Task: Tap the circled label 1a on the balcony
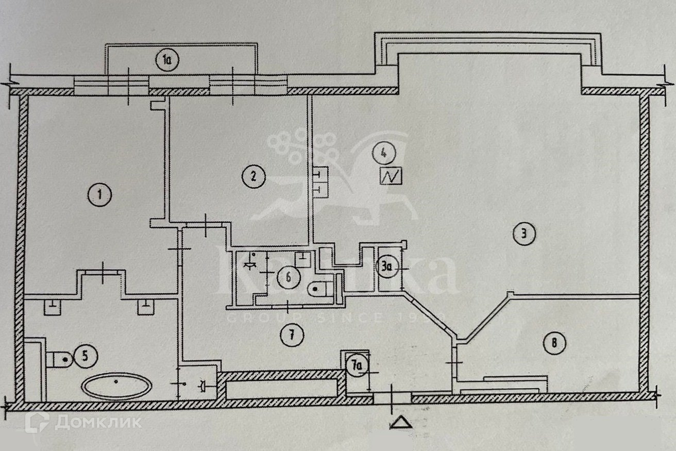167,60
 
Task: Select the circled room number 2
253,177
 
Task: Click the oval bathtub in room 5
117,386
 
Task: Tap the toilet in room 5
58,358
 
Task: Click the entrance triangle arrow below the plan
401,422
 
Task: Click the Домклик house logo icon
37,422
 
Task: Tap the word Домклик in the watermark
98,423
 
